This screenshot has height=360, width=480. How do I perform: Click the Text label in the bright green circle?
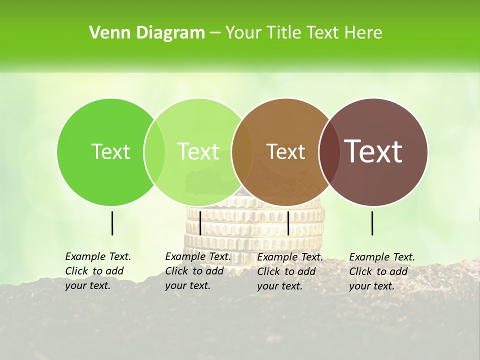point(110,151)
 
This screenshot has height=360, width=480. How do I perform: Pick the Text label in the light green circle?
point(198,151)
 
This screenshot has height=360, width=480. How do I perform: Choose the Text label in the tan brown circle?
point(285,151)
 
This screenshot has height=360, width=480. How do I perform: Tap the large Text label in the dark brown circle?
point(373,151)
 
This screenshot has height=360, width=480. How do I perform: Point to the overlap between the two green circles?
point(154,151)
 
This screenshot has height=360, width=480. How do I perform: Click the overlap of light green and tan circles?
point(242,151)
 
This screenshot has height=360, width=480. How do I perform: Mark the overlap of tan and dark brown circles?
point(329,151)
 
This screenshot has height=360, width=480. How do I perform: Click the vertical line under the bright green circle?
point(112,223)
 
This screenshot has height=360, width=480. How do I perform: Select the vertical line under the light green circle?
point(200,223)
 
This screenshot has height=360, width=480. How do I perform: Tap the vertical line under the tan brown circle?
point(288,223)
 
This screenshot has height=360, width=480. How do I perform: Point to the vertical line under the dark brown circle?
point(372,223)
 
